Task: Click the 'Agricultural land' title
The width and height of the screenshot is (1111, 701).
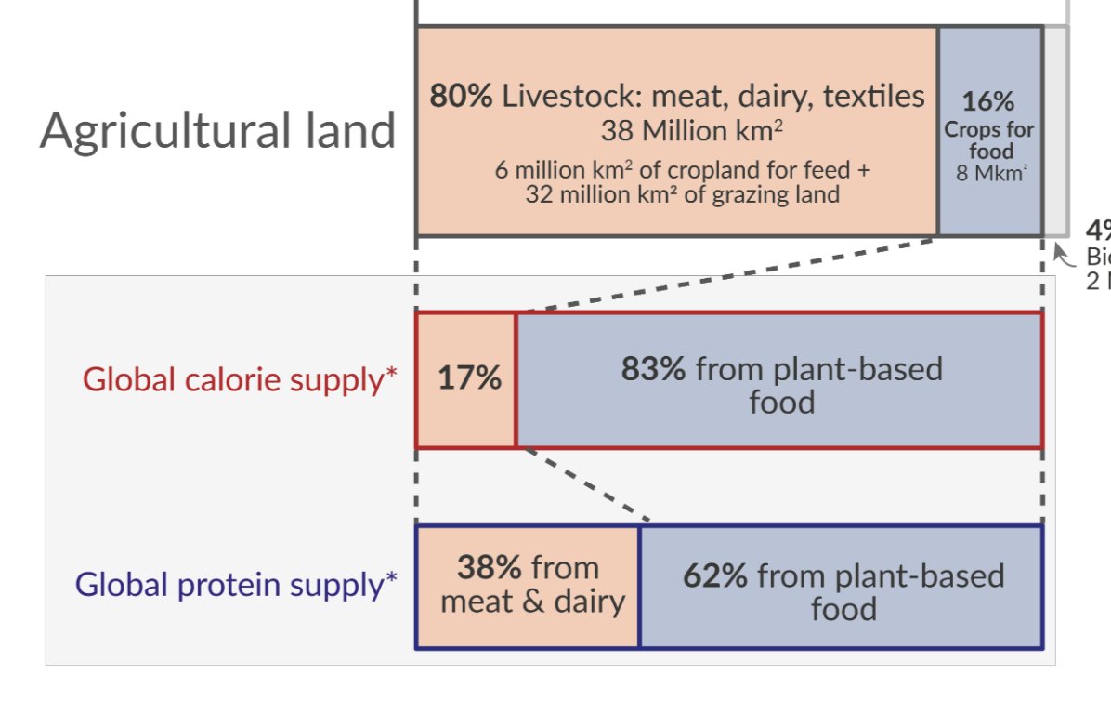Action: [x=217, y=130]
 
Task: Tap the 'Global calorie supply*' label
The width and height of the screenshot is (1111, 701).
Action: [x=240, y=379]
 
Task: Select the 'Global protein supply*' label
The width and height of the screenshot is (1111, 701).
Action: [x=236, y=585]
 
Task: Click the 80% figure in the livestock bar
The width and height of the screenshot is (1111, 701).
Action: [x=461, y=96]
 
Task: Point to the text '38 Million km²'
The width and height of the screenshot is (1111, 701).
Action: [x=691, y=131]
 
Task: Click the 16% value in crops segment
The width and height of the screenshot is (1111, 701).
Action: [x=988, y=101]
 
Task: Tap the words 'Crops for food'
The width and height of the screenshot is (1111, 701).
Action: [x=989, y=140]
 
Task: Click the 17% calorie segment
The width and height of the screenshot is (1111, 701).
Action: [x=469, y=379]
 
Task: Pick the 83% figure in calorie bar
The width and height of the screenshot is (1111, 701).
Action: [x=653, y=369]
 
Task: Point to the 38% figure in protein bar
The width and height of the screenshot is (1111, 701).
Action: [x=490, y=567]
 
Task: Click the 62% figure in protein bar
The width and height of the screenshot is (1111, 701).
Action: [x=715, y=575]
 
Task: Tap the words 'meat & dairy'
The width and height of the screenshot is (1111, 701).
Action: [x=532, y=602]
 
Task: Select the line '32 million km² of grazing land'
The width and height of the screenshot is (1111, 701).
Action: [x=682, y=195]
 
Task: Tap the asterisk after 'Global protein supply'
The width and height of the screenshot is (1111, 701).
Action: [x=391, y=580]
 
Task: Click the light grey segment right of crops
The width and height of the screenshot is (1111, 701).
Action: [x=1055, y=130]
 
